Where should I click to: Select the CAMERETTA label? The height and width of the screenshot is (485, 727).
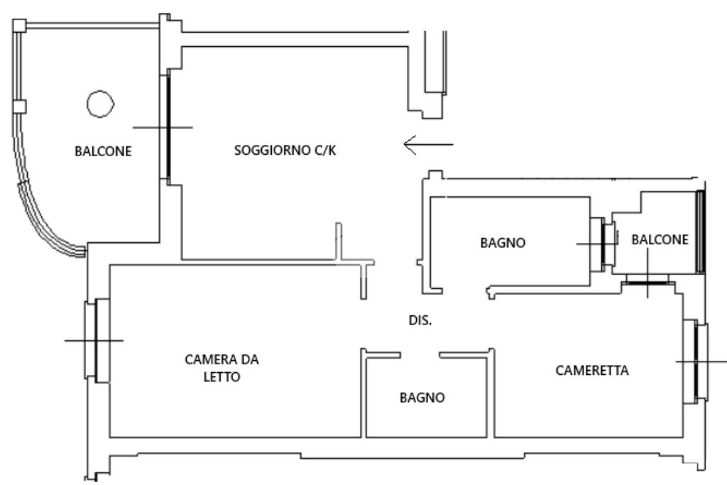[x=593, y=370]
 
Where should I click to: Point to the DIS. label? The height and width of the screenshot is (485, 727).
[x=420, y=321]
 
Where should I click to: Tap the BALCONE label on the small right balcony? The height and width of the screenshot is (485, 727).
[x=660, y=240]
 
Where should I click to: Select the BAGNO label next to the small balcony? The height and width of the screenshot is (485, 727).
[x=503, y=242]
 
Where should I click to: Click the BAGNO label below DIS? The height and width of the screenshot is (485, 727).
[x=422, y=398]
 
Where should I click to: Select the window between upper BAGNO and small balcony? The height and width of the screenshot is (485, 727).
[x=606, y=244]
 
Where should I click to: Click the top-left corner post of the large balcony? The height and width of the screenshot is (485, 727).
[x=20, y=26]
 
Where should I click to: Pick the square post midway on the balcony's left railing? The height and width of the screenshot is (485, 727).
[x=20, y=107]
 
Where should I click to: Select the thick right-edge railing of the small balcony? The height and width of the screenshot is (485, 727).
[x=700, y=231]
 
